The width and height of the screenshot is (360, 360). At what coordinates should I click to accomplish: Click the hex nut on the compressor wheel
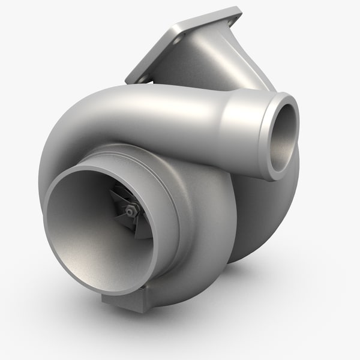click(131, 209)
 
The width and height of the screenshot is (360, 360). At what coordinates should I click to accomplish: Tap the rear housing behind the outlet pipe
click(264, 216)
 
